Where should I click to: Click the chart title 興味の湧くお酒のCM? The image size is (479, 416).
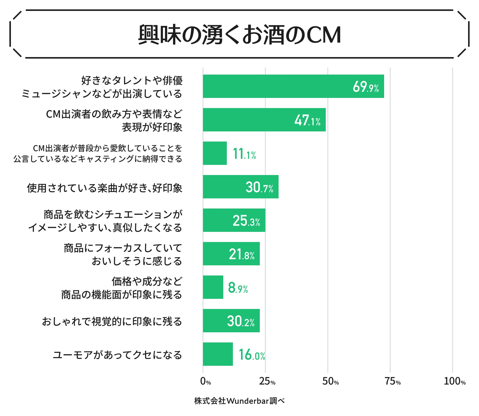click(240, 34)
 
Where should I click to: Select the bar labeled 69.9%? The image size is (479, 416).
click(279, 86)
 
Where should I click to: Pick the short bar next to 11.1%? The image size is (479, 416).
click(215, 153)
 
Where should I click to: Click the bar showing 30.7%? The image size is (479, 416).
click(228, 187)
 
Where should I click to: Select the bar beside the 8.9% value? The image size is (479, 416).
click(213, 287)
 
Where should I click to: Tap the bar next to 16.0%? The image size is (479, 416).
click(218, 354)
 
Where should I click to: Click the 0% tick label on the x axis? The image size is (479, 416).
click(206, 381)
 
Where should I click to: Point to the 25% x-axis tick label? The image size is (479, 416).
click(267, 381)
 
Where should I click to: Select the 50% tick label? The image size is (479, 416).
click(330, 381)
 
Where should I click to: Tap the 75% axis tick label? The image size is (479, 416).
click(392, 381)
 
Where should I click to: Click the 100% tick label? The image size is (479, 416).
click(454, 381)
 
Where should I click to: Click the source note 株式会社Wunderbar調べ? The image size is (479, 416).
click(240, 401)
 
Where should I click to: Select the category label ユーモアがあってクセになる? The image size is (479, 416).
click(117, 355)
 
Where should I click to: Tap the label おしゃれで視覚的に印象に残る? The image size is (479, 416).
click(112, 321)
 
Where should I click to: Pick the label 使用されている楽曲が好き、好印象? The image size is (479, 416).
click(105, 188)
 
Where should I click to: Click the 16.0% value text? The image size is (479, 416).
click(252, 355)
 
